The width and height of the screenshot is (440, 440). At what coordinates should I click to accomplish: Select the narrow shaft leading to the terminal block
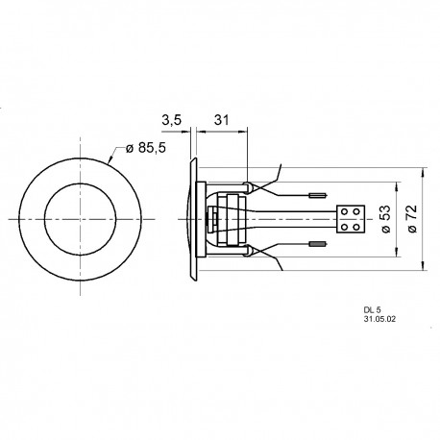point(298,220)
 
